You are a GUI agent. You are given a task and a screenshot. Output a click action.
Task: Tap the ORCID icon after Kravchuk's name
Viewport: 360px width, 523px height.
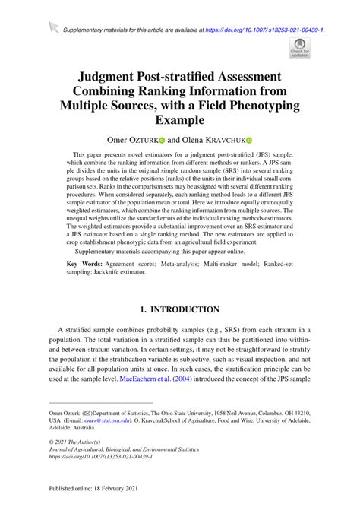pyautogui.click(x=248, y=141)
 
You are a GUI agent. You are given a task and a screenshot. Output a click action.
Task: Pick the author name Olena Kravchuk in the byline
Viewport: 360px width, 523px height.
pyautogui.click(x=213, y=141)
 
